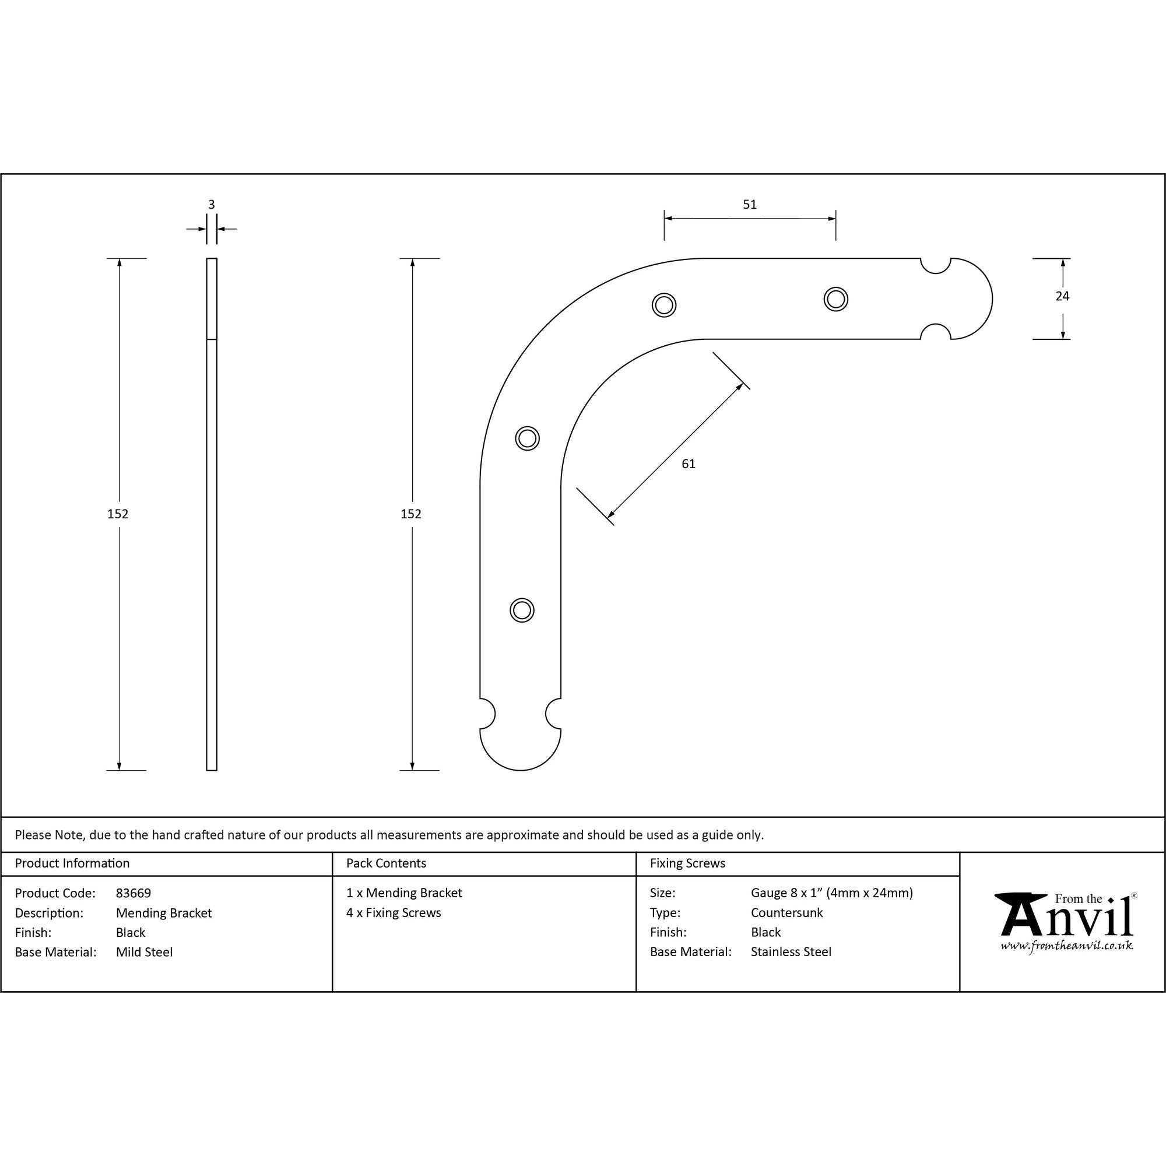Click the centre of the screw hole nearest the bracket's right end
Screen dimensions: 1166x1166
836,298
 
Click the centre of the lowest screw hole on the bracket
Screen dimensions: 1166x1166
522,610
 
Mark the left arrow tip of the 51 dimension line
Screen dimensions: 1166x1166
665,219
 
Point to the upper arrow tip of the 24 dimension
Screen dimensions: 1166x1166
1063,259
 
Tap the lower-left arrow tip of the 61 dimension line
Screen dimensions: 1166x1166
607,518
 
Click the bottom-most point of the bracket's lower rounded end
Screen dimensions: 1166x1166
520,771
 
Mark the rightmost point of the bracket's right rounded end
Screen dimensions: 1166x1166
992,298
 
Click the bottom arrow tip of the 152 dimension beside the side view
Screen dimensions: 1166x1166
119,770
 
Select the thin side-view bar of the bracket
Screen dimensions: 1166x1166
212,514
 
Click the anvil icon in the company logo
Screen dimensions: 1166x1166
1021,915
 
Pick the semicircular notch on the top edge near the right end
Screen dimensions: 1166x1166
936,265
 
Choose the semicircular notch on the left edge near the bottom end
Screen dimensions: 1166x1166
487,714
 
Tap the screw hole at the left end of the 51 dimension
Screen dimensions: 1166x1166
664,305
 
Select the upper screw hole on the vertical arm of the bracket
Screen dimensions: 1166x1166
528,438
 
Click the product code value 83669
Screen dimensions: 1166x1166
134,893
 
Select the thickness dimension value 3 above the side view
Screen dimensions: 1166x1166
211,205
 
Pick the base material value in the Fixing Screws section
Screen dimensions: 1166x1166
791,952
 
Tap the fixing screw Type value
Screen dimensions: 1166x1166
786,912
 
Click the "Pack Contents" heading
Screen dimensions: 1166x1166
387,863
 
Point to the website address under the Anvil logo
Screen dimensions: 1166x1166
1066,946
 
